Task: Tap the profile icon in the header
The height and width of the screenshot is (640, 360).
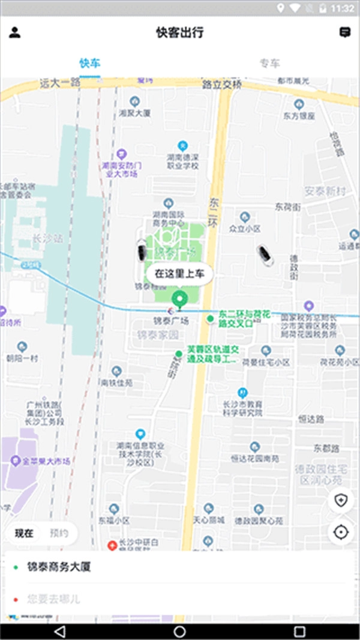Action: pos(14,32)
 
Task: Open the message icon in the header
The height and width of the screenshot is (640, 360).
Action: pos(345,32)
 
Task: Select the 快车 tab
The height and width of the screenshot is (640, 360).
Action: pos(89,63)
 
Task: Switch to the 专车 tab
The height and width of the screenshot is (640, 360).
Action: pos(269,63)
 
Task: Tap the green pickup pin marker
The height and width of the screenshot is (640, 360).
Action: pos(179,298)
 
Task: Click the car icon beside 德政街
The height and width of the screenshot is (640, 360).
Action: pos(265,255)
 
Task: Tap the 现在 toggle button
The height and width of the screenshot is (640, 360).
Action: pos(24,533)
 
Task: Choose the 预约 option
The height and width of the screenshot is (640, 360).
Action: pos(59,533)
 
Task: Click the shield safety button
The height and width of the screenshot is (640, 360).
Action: pos(341,501)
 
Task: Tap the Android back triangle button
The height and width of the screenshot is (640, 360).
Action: pos(59,631)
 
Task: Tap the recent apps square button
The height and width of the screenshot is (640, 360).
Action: pos(299,631)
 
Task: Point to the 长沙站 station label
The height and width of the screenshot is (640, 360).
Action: pos(50,238)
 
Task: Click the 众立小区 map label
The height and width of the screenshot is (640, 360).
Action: pos(245,229)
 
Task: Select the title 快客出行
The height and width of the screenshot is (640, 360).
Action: pos(179,32)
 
